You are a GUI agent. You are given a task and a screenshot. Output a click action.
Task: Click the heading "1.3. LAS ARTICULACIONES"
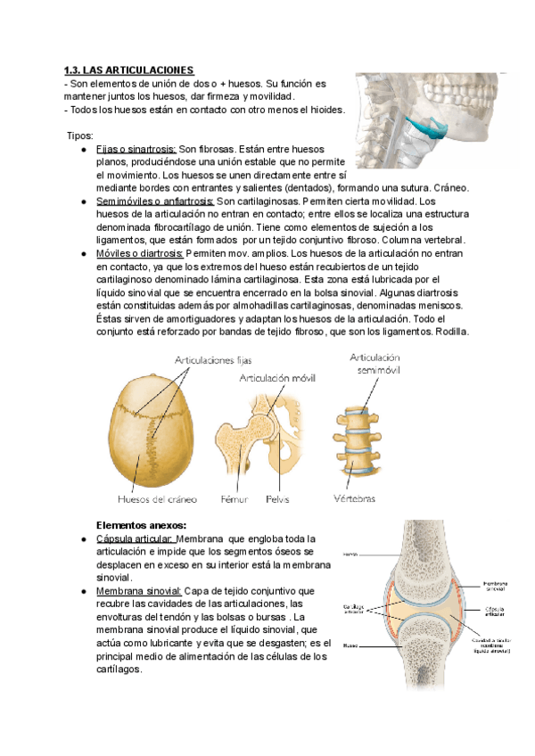(129, 70)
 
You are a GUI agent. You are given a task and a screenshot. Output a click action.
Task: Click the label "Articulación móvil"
(277, 379)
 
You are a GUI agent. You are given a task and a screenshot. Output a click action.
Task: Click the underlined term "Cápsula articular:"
(134, 538)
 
